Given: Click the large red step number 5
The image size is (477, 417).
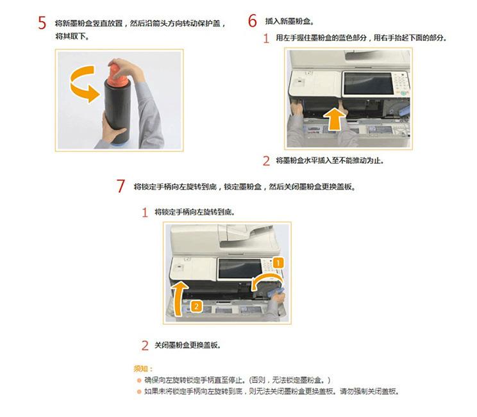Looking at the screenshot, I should click(42, 23).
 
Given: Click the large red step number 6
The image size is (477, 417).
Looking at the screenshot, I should click(253, 21).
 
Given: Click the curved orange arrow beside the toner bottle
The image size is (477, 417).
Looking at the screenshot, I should click(83, 87).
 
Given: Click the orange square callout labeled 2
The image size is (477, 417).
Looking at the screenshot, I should click(196, 306).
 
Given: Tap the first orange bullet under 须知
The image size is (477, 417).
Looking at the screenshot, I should click(138, 380).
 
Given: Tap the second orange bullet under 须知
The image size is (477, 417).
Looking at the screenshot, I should click(138, 391).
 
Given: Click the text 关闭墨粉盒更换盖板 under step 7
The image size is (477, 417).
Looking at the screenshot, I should click(187, 345).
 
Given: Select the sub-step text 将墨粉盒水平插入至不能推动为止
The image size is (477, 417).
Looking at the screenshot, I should click(330, 161).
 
